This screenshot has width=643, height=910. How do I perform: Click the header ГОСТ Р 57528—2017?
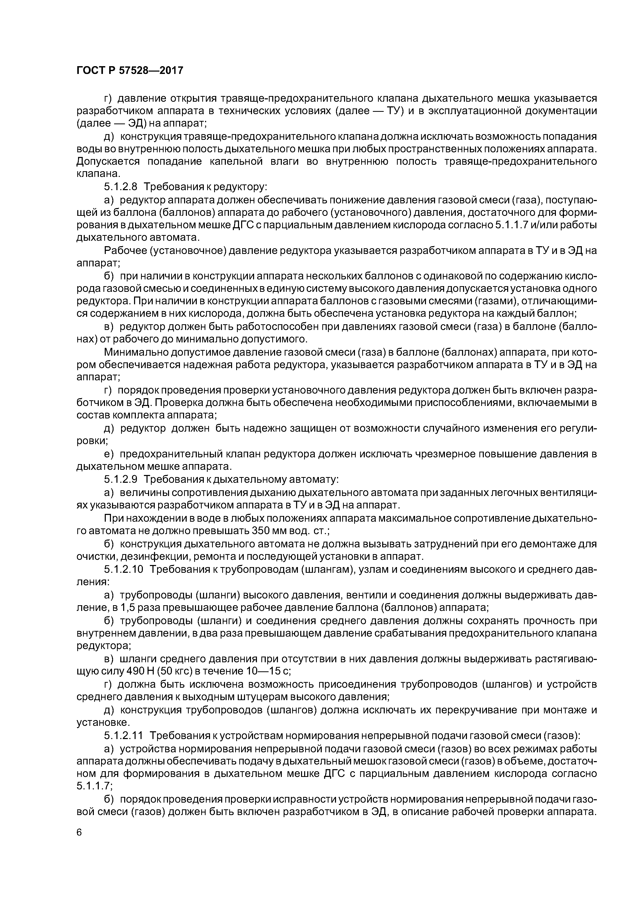[x=130, y=71]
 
